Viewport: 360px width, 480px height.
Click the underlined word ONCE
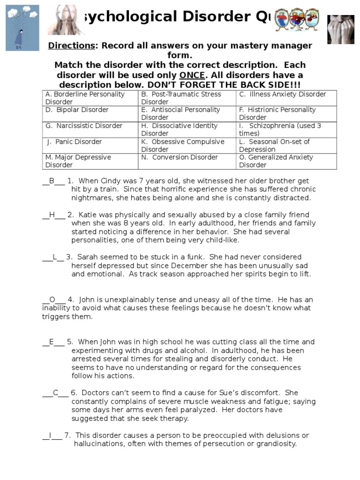192,75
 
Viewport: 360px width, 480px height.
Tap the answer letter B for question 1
52,181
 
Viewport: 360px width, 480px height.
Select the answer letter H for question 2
52,215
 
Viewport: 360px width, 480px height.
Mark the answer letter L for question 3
55,257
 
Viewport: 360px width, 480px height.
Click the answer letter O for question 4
52,300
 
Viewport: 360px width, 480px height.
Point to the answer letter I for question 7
50,435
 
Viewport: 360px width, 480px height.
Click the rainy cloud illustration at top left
22,28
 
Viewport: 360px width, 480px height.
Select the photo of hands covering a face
341,29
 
